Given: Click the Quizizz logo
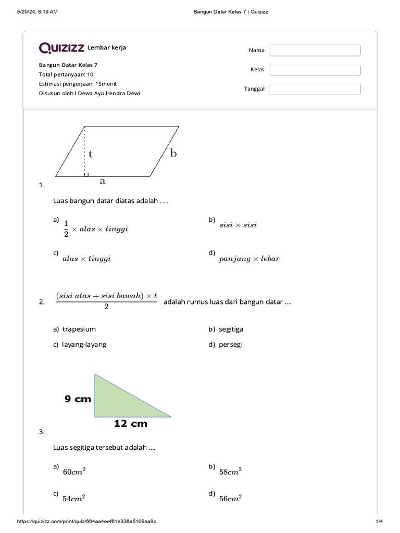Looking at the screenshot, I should point(61,48).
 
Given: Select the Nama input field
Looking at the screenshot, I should point(315,50).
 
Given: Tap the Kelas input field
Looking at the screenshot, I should point(315,70).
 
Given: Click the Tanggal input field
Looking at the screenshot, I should point(315,89).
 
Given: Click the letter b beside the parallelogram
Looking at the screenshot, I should point(173,153).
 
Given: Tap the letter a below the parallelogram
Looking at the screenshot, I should point(103,181).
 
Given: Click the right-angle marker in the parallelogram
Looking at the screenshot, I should point(86,174).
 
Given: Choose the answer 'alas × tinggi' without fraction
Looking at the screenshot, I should point(86,259).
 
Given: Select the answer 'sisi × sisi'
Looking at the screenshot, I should point(238,225).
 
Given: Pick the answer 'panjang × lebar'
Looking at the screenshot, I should point(249,259).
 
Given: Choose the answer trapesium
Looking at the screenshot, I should point(79,329).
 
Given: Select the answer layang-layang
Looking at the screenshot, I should point(84,345).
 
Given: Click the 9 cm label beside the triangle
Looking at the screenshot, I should point(78,399).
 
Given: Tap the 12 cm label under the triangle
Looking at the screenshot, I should point(130,424).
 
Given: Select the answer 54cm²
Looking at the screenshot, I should point(73,498).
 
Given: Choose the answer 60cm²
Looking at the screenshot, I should point(73,472).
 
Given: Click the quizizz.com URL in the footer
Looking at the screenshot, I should point(87,522).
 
